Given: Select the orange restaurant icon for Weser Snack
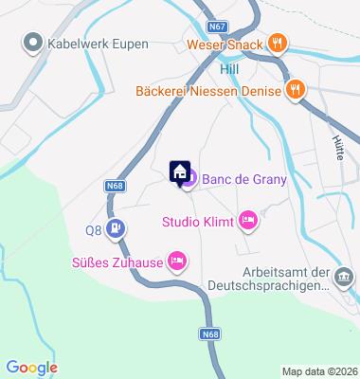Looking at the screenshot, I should (x=277, y=42).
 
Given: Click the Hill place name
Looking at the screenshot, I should (x=229, y=69).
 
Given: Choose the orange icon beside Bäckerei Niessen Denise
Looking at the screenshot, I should (x=296, y=89).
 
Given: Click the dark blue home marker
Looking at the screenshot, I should (x=178, y=171).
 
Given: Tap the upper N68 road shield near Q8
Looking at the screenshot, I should (x=115, y=187).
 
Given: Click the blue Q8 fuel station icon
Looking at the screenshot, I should (x=116, y=228).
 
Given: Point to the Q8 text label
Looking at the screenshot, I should (x=93, y=229).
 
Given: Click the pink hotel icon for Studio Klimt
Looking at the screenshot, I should (x=246, y=221).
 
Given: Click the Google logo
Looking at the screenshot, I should (x=31, y=368).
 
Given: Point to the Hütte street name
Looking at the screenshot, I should (x=337, y=147).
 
